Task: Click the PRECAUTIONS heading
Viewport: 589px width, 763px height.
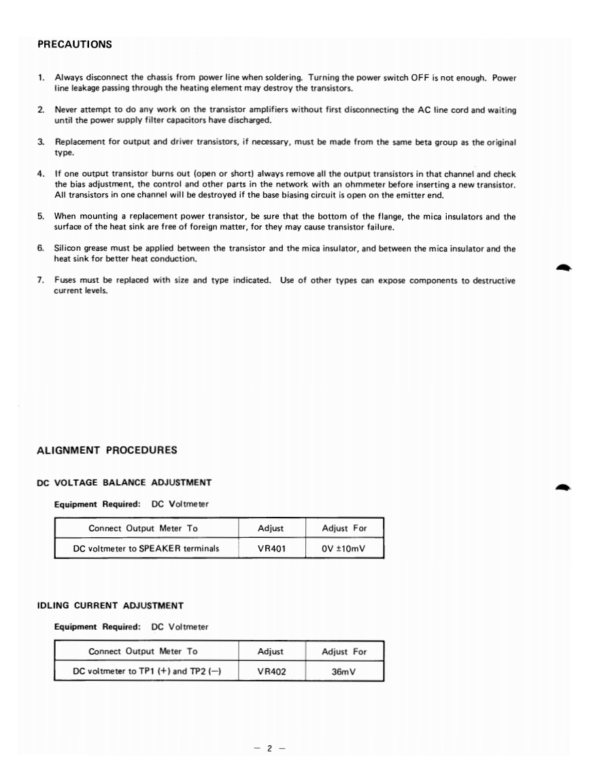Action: tap(75, 45)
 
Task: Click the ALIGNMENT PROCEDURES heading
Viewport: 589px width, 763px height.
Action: tap(107, 450)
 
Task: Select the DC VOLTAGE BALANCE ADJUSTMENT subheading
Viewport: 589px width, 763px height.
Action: tap(124, 482)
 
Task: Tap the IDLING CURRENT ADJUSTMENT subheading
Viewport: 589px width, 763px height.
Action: tap(110, 605)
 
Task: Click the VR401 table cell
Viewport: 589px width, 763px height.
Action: tap(271, 548)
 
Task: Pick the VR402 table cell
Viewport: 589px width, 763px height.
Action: tap(271, 671)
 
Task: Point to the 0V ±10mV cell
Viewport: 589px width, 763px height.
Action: tap(344, 548)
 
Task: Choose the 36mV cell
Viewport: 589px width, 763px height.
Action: tap(344, 671)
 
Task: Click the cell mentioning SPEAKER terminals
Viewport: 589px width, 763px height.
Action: tap(146, 548)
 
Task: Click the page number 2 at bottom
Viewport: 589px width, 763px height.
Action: tap(269, 729)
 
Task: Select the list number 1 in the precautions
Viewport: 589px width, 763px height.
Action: tap(41, 78)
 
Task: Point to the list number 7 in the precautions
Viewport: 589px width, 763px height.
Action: tap(41, 280)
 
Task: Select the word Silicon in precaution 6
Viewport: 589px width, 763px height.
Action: tap(69, 248)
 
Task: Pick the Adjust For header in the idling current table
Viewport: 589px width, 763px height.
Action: tap(344, 651)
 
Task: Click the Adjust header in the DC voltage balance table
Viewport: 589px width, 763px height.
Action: tap(271, 528)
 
